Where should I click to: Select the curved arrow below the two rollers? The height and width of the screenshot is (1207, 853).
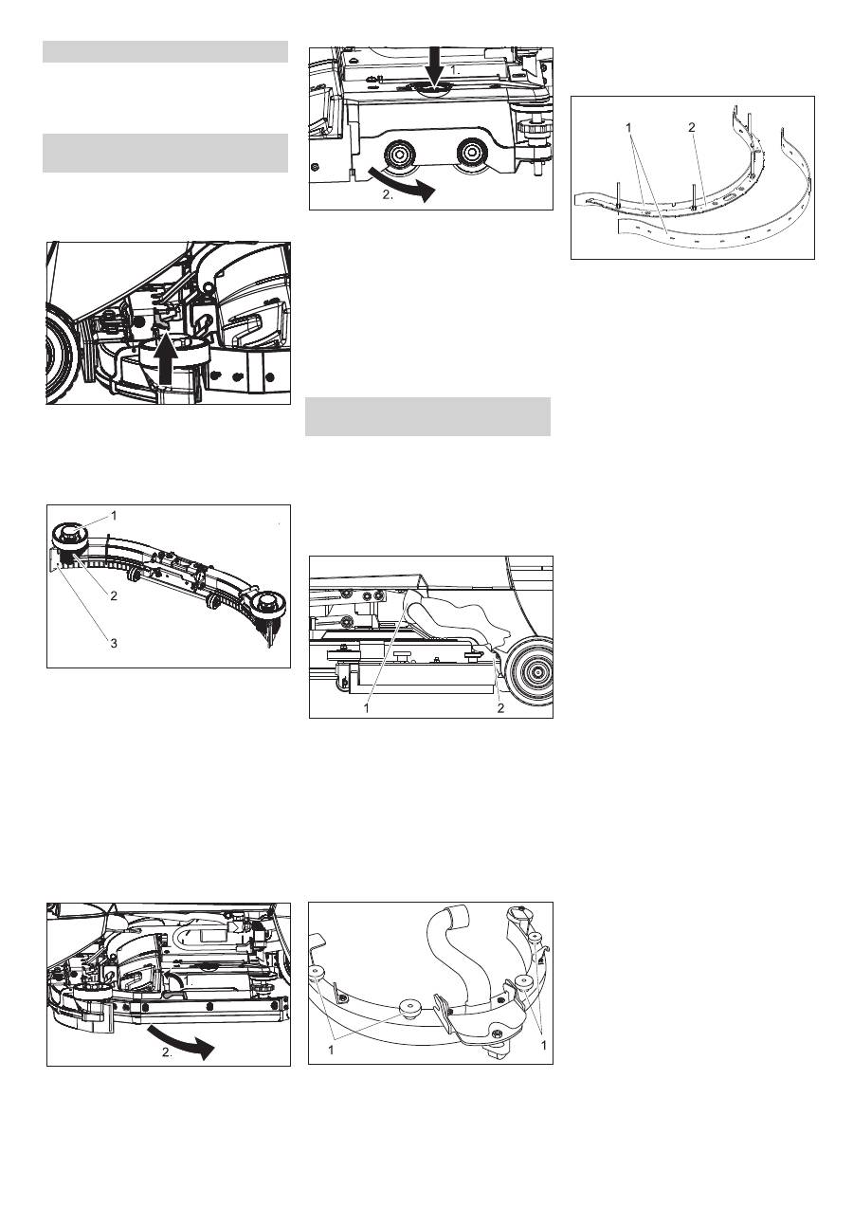click(401, 183)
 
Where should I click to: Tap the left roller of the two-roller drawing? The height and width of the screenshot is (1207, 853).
click(398, 155)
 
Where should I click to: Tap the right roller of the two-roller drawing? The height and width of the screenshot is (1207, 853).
click(471, 153)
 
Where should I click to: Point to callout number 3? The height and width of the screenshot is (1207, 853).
click(114, 643)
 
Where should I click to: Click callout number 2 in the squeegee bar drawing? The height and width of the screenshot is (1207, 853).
click(114, 596)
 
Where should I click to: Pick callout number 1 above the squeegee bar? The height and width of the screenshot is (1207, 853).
click(114, 516)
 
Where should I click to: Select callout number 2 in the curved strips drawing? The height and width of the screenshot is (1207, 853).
click(692, 127)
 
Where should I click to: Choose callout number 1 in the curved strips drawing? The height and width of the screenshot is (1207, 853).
click(629, 127)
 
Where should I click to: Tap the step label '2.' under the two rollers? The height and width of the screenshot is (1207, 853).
click(388, 195)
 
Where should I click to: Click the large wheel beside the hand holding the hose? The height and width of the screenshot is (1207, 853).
click(530, 672)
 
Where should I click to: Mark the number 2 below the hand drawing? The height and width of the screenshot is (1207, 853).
click(500, 708)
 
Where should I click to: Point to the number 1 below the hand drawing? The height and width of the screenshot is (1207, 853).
click(367, 708)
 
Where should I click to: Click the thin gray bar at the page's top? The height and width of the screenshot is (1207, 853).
click(165, 52)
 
